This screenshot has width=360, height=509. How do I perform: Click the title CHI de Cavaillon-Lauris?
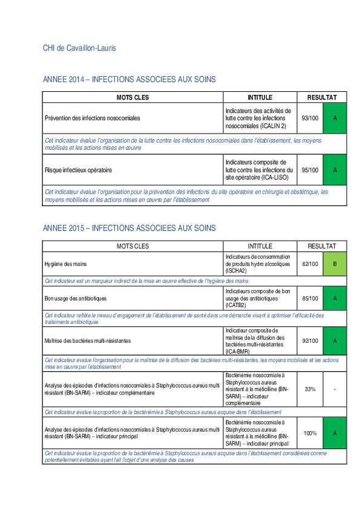point(79,48)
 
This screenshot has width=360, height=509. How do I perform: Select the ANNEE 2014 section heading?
point(129,80)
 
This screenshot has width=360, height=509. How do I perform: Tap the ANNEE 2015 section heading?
point(129,229)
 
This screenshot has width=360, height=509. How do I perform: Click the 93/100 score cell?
point(310,118)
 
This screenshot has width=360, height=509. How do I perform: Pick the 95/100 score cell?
point(310,170)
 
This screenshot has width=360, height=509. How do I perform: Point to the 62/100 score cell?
point(310,264)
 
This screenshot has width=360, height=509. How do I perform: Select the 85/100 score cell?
point(310,298)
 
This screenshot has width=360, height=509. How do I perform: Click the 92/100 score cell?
point(310,341)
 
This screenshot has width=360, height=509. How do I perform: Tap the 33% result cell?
point(310,389)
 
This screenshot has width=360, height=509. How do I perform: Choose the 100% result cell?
point(310,433)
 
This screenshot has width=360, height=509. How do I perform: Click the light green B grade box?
point(335,264)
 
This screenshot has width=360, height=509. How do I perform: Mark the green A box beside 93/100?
point(335,118)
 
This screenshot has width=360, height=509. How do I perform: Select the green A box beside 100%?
point(335,433)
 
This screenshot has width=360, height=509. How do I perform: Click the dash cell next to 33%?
point(335,389)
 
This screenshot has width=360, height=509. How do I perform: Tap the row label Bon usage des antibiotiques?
point(76,298)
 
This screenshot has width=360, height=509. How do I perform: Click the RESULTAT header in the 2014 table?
point(322,97)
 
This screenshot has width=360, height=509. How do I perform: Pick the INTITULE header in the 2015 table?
point(260,246)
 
